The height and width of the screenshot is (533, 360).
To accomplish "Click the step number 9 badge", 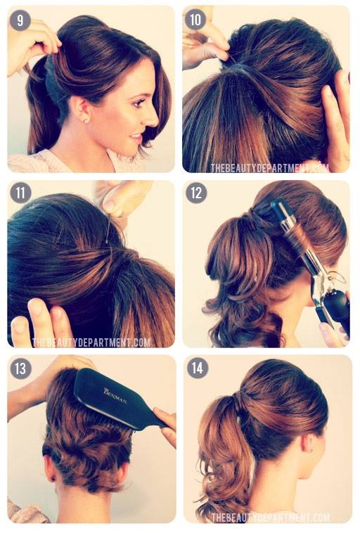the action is pyautogui.click(x=20, y=20).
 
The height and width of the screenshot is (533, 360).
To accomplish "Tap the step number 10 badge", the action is pyautogui.click(x=195, y=20).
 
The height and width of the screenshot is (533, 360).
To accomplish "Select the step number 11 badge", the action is pyautogui.click(x=20, y=193).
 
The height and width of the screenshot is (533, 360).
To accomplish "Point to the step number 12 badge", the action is pyautogui.click(x=196, y=193).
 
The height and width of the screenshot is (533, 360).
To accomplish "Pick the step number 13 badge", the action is pyautogui.click(x=20, y=368).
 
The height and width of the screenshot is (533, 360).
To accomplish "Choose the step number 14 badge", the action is pyautogui.click(x=197, y=368).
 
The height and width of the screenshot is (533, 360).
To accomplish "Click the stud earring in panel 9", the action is pyautogui.click(x=86, y=121).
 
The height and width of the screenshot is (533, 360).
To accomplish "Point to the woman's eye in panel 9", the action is pyautogui.click(x=139, y=103).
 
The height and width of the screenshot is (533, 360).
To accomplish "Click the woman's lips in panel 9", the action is pyautogui.click(x=136, y=138).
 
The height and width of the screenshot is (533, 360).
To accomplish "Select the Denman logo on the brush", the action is pyautogui.click(x=115, y=396).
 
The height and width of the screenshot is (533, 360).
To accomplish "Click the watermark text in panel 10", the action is pyautogui.click(x=269, y=168).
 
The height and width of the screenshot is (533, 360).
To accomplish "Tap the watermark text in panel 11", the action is pyautogui.click(x=91, y=342).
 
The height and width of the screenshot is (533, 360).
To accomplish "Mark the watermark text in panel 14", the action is pyautogui.click(x=270, y=518).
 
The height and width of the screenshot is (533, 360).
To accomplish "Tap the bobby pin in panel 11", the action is pyautogui.click(x=108, y=231).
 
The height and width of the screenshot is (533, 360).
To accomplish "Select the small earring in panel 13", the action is pyautogui.click(x=53, y=479).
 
